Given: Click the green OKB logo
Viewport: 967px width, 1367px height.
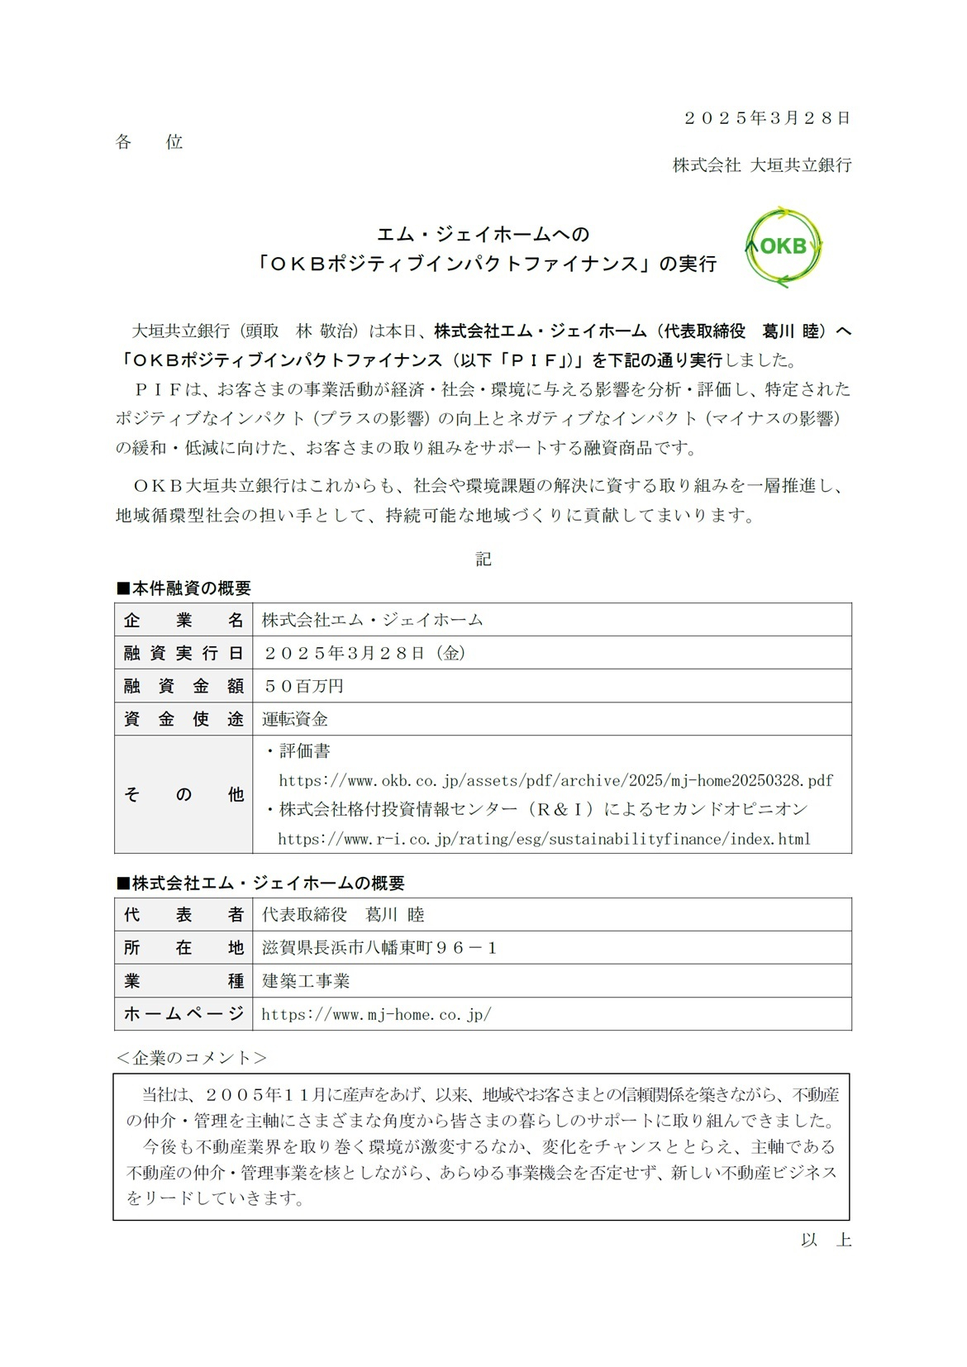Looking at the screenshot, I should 783,246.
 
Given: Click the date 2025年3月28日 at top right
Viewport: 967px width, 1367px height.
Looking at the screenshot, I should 766,118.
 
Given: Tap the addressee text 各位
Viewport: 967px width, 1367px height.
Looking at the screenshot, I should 149,142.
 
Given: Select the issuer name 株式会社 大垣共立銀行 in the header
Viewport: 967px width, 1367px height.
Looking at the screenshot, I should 761,165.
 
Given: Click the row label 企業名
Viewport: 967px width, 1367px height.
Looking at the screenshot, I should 183,620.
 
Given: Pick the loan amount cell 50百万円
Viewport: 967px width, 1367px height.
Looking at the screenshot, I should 303,686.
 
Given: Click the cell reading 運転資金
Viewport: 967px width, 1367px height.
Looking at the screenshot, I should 295,719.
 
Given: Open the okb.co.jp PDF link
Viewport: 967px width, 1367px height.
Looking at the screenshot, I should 555,780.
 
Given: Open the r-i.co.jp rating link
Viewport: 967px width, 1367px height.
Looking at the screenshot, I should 544,839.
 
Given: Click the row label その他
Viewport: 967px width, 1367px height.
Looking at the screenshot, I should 183,794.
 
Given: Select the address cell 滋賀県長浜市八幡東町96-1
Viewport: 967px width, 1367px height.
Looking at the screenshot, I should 379,948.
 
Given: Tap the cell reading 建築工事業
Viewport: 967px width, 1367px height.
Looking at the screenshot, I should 306,981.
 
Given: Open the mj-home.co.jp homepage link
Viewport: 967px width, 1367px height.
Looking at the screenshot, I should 376,1014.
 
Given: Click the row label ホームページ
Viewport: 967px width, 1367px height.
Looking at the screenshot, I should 183,1014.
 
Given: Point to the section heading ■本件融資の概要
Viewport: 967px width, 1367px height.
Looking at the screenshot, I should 183,588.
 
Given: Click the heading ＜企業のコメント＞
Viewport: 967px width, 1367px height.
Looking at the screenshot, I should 191,1058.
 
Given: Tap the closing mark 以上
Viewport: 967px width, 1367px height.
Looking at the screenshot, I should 825,1240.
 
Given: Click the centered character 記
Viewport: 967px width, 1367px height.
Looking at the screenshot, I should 483,560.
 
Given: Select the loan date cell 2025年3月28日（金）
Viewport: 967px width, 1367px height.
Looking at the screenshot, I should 364,653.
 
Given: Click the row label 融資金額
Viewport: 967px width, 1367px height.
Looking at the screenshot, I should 183,686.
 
